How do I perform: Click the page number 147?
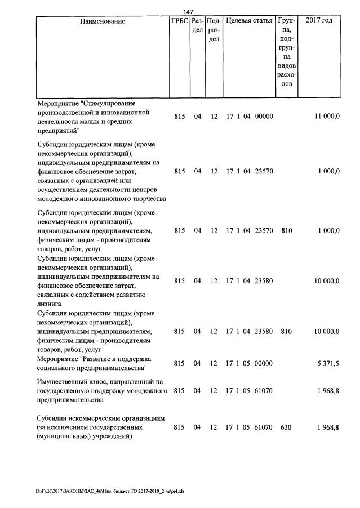(x=189, y=12)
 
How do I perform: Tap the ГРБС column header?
(x=179, y=21)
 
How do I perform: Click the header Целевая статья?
(x=249, y=21)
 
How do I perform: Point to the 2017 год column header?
(x=319, y=21)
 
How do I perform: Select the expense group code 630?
(x=286, y=427)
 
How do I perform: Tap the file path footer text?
(x=110, y=491)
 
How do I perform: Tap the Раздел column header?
(x=197, y=25)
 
